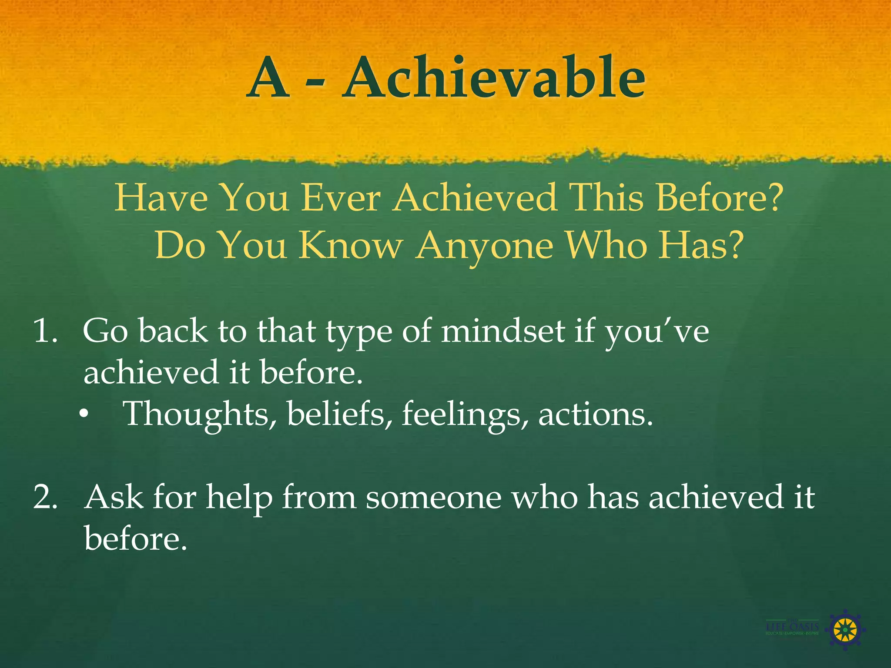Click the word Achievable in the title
point(494,78)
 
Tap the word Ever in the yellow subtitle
point(341,198)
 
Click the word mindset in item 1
point(502,331)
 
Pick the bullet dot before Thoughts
point(84,416)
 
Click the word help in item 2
point(239,498)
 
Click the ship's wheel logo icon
point(845,629)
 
